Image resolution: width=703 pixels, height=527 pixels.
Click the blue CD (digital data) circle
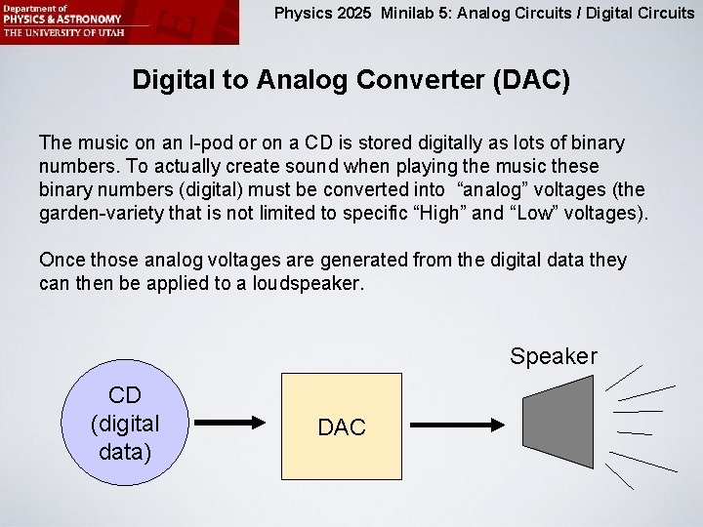[124, 423]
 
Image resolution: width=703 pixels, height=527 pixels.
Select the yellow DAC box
[342, 427]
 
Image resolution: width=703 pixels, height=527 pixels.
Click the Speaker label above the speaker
[553, 356]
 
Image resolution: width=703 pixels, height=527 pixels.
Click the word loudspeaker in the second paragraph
[311, 283]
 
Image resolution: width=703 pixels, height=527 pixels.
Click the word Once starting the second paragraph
[62, 260]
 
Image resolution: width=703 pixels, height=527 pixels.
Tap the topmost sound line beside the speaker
[624, 377]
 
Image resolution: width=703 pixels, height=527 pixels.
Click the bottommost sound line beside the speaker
[619, 475]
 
